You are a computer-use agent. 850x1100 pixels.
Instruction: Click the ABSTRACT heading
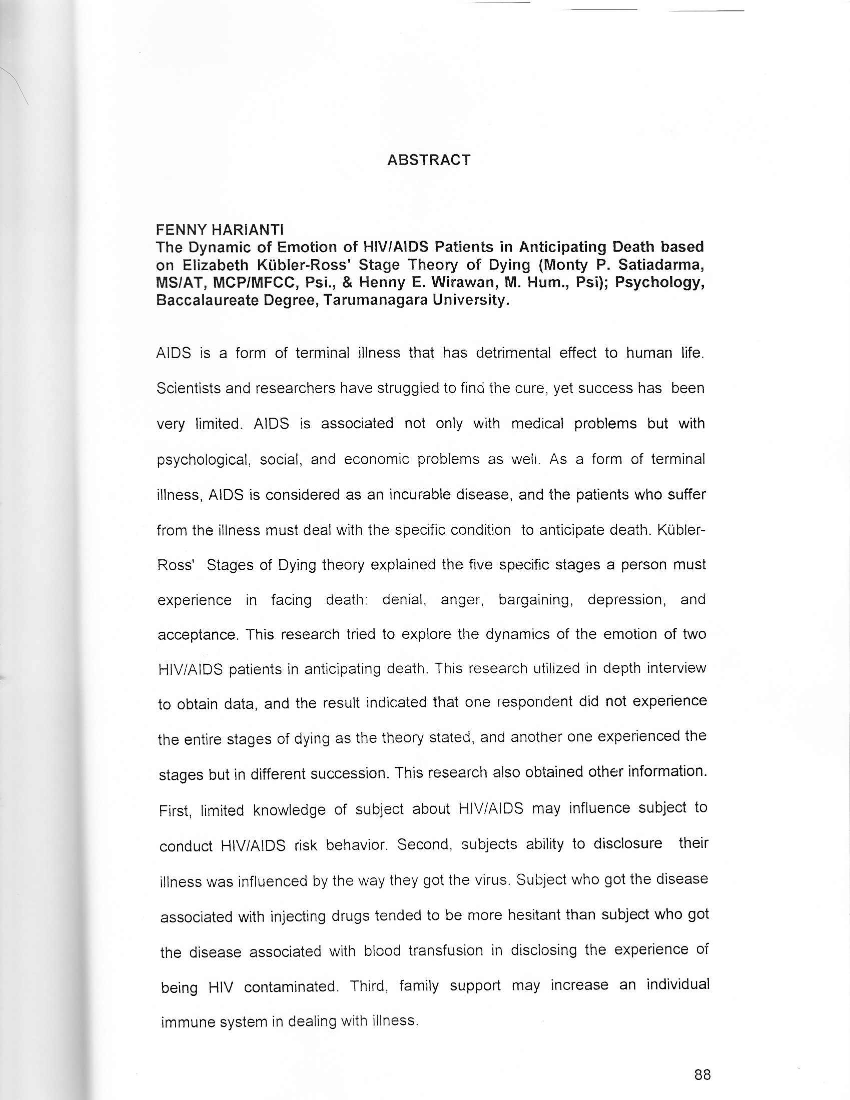pyautogui.click(x=428, y=160)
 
